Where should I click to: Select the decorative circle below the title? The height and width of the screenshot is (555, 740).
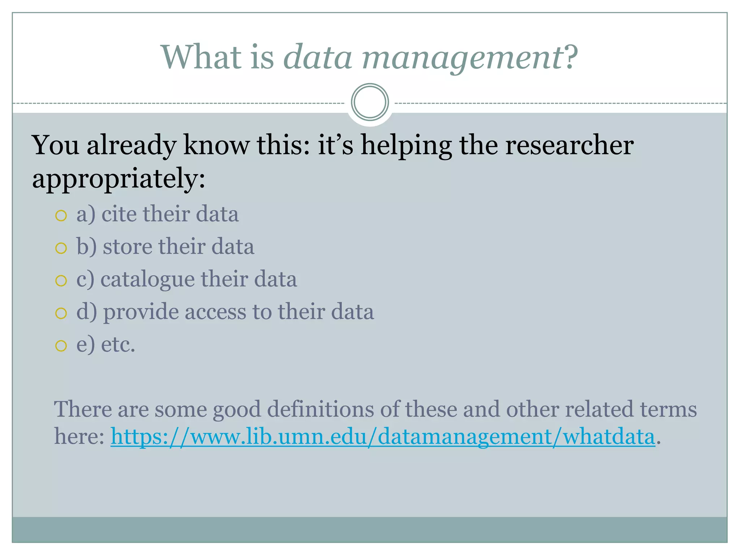pyautogui.click(x=370, y=102)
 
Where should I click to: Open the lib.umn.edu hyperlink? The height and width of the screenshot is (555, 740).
pyautogui.click(x=383, y=436)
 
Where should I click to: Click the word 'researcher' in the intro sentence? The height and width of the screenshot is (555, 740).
pyautogui.click(x=569, y=145)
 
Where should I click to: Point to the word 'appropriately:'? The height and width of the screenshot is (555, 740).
pyautogui.click(x=119, y=178)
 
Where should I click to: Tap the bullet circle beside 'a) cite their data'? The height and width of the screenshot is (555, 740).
pyautogui.click(x=61, y=216)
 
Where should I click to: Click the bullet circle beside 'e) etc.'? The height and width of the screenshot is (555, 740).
pyautogui.click(x=61, y=346)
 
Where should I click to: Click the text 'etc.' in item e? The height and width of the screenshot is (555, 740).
pyautogui.click(x=118, y=344)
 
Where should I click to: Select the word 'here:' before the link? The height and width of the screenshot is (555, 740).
pyautogui.click(x=79, y=436)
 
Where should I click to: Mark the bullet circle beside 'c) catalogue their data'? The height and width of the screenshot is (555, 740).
pyautogui.click(x=61, y=281)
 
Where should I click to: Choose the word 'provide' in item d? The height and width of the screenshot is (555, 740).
pyautogui.click(x=141, y=312)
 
